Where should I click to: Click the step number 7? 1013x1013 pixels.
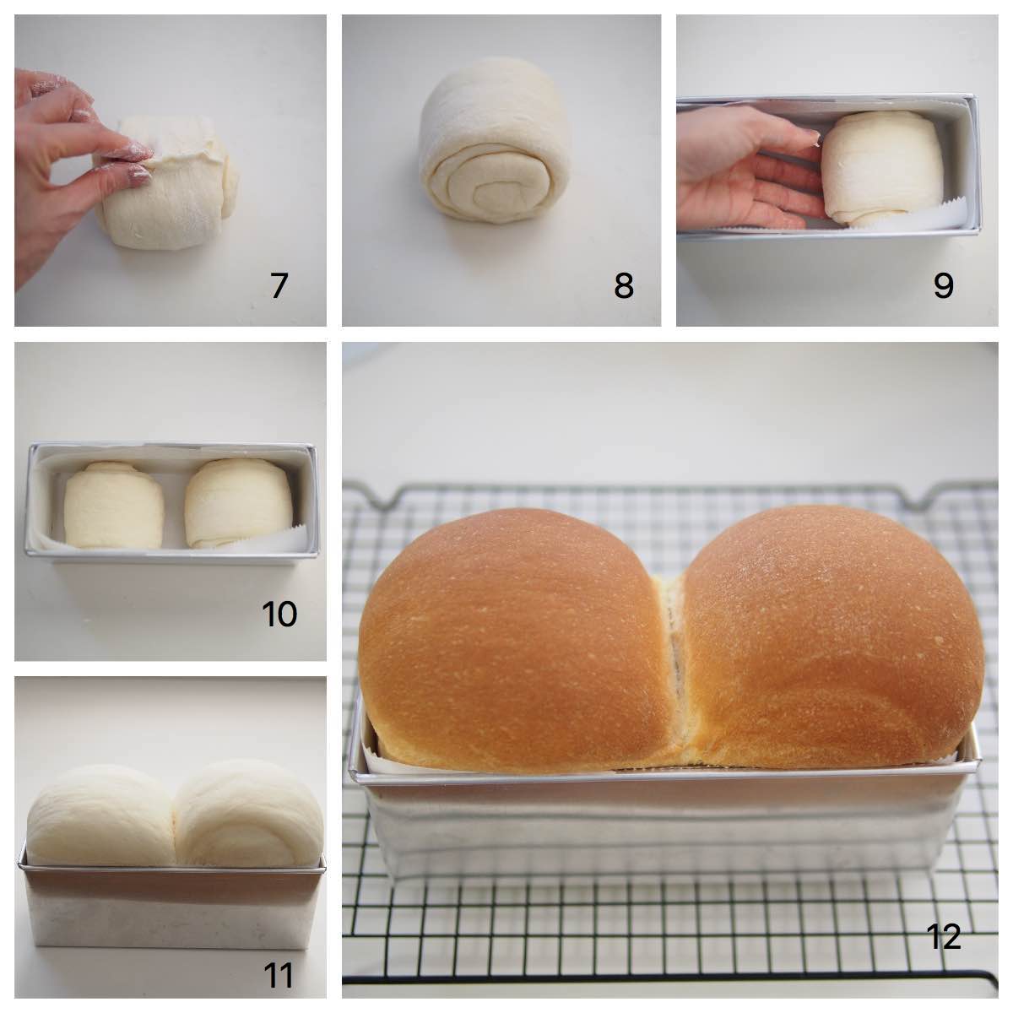(x=279, y=285)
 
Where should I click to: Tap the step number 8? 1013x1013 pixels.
(x=623, y=285)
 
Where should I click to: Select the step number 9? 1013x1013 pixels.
(x=943, y=285)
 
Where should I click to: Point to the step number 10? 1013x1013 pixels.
(x=279, y=614)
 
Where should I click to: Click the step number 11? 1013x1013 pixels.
(x=279, y=976)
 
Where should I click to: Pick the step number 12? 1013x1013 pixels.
(x=943, y=936)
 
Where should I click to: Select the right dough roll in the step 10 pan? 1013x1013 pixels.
(x=239, y=504)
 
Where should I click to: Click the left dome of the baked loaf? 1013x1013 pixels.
(x=506, y=625)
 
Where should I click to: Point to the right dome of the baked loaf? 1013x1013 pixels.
(x=832, y=625)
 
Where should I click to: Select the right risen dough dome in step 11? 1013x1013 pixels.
(x=249, y=815)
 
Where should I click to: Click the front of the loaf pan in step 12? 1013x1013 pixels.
(x=667, y=827)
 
